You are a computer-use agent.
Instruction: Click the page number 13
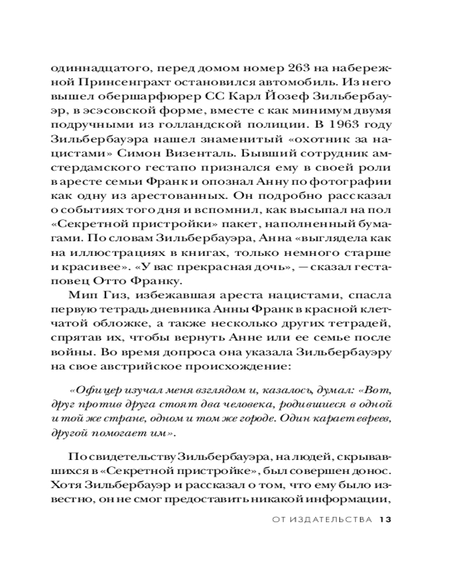[384, 519]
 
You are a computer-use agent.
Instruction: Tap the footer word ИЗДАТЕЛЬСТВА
[325, 519]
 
